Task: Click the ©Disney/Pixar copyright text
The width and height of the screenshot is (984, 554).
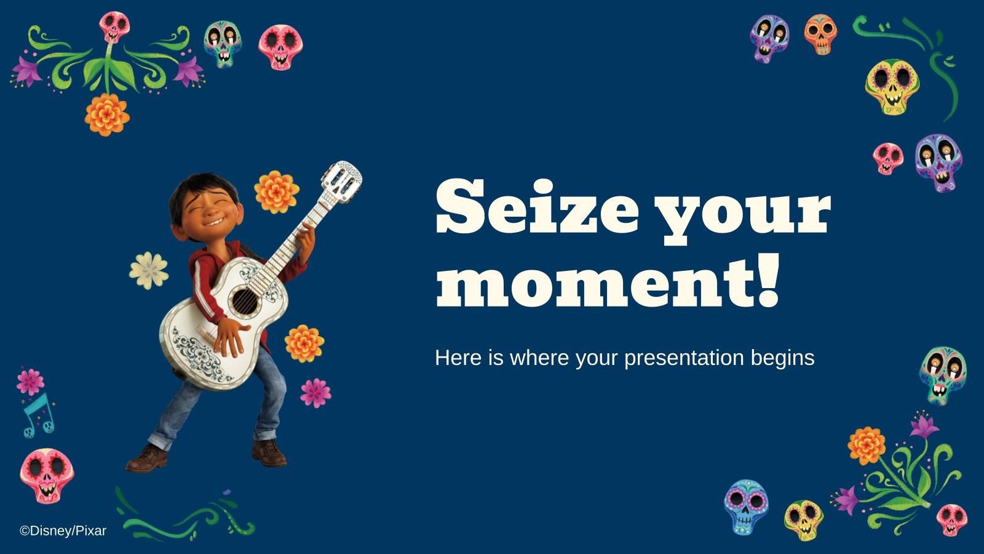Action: (63, 531)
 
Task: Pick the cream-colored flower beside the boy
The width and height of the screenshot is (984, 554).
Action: (148, 270)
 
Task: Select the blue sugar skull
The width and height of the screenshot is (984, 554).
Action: (745, 506)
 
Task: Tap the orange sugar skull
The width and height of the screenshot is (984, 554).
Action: (820, 33)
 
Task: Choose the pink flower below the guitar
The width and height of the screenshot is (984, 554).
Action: (315, 392)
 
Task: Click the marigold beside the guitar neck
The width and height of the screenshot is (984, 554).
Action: (276, 191)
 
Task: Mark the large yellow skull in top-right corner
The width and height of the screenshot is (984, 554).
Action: (891, 86)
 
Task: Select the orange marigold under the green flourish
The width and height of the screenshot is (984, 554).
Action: (107, 114)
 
